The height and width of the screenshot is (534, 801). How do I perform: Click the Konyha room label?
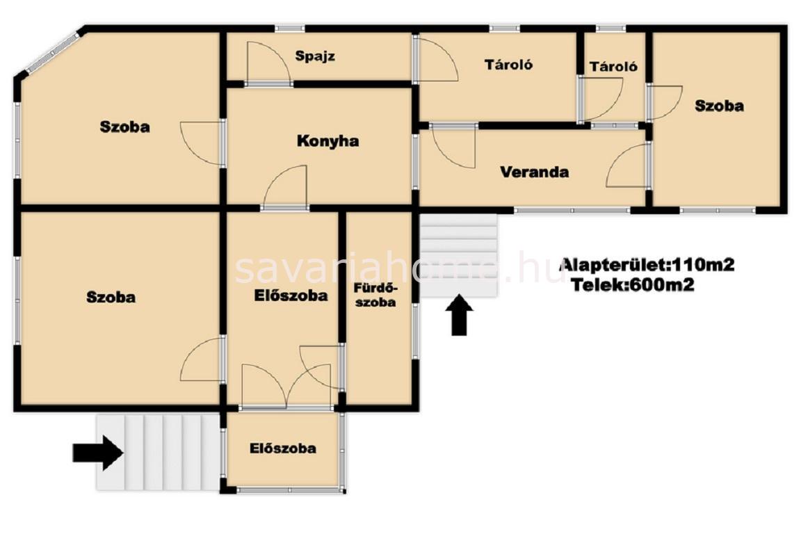pyautogui.click(x=327, y=141)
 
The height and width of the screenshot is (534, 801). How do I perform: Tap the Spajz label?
pyautogui.click(x=315, y=56)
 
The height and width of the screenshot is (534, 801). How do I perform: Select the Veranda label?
pyautogui.click(x=534, y=172)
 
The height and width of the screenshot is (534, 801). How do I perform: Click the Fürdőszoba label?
pyautogui.click(x=375, y=295)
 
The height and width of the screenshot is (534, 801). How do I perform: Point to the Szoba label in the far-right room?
pyautogui.click(x=719, y=106)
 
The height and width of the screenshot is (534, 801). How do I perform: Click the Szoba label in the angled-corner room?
pyautogui.click(x=124, y=127)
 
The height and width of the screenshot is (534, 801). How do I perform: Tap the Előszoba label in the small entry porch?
pyautogui.click(x=282, y=448)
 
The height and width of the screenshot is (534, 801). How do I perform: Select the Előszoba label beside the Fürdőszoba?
pyautogui.click(x=291, y=295)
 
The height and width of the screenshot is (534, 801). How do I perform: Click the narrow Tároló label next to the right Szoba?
pyautogui.click(x=613, y=67)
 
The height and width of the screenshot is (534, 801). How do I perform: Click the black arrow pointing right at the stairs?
pyautogui.click(x=98, y=452)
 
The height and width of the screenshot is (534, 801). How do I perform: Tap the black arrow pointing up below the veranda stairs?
pyautogui.click(x=459, y=315)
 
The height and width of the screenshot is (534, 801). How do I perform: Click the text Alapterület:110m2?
pyautogui.click(x=648, y=265)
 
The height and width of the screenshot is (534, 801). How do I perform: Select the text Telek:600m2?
pyautogui.click(x=633, y=284)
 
